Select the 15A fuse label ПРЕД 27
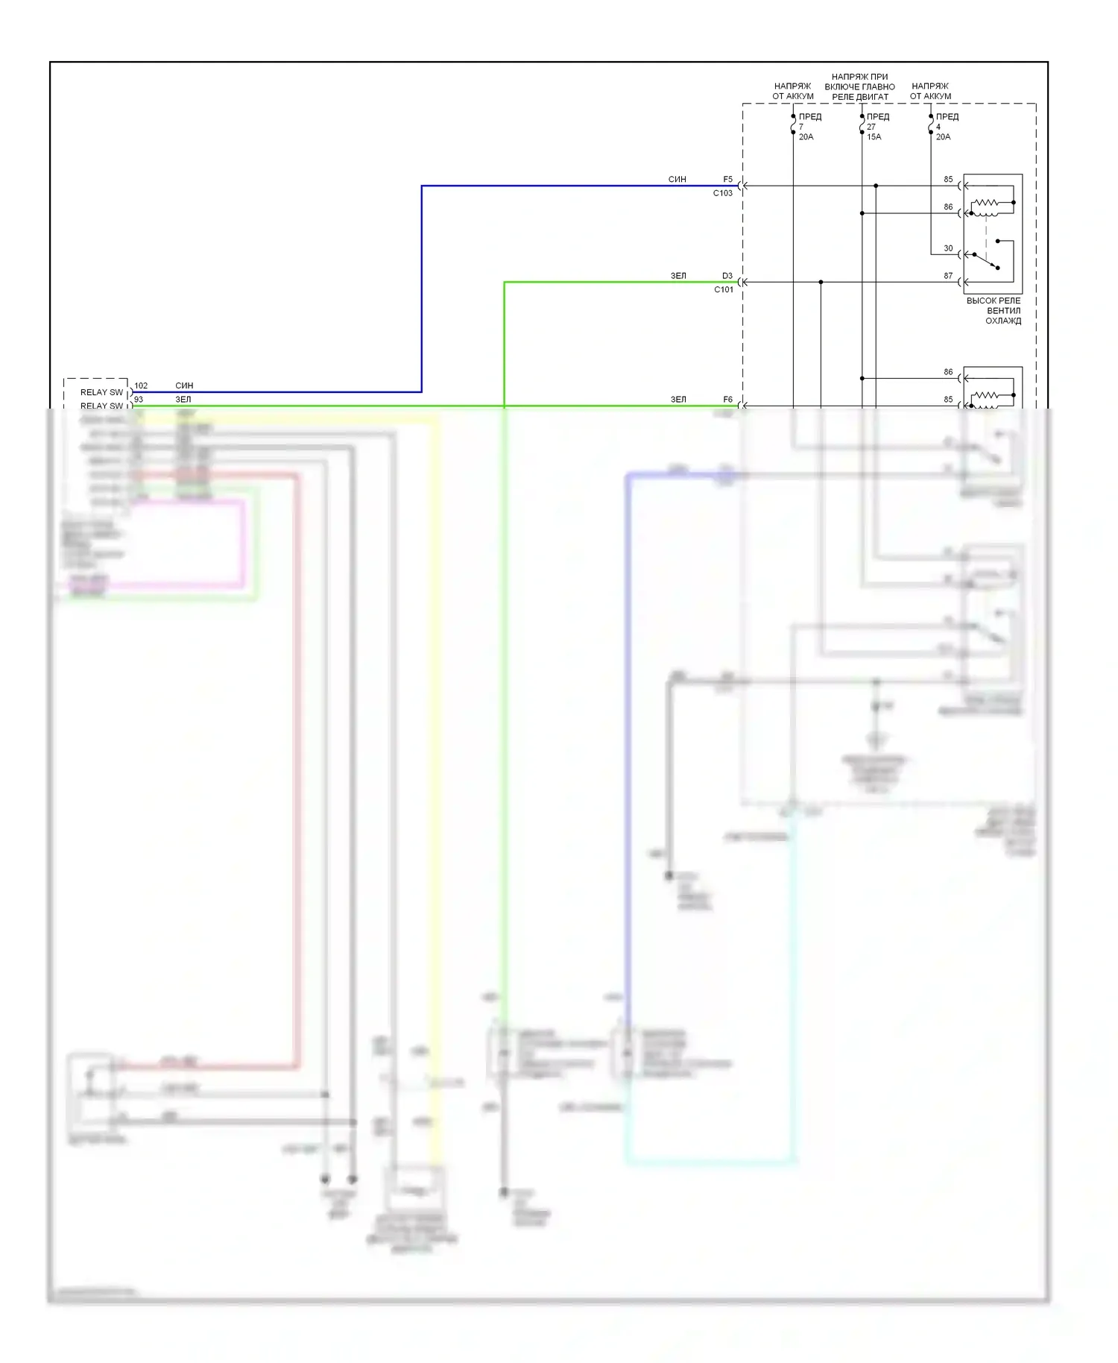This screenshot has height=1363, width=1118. [877, 127]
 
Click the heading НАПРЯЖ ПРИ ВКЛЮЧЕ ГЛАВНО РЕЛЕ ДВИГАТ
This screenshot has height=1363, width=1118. [860, 86]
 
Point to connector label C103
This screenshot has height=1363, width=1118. [722, 193]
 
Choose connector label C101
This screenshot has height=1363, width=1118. [723, 290]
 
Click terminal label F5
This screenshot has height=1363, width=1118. [727, 180]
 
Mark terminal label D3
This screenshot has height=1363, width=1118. [727, 276]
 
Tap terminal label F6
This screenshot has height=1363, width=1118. [727, 400]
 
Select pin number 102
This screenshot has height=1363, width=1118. [141, 385]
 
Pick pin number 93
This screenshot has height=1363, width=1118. [139, 400]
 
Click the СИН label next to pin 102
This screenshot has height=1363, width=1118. [184, 385]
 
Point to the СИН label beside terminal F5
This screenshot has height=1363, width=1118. [677, 180]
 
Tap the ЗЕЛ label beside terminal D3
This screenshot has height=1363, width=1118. [678, 276]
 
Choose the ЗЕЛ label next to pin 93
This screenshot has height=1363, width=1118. [183, 400]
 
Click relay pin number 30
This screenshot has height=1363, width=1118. [948, 248]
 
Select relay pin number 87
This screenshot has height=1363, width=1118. [948, 276]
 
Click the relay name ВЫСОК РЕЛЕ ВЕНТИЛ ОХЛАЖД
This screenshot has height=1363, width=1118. [994, 311]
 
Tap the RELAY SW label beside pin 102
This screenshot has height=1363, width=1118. [101, 392]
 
